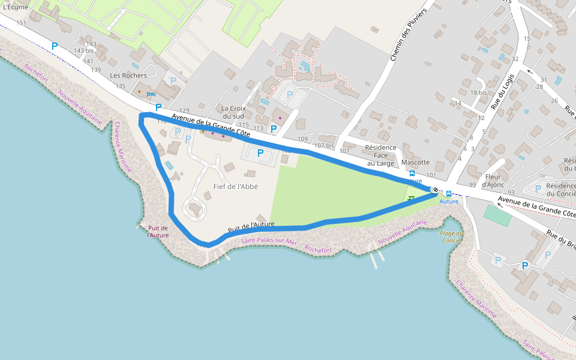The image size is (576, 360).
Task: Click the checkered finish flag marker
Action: (434, 190)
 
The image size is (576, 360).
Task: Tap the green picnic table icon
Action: (411, 198)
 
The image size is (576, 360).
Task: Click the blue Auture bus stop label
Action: (448, 202)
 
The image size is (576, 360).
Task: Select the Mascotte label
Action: (415, 163)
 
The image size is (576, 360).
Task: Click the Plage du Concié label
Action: (452, 236)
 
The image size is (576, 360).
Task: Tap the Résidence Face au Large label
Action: (380, 155)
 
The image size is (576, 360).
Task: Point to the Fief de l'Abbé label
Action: (235, 187)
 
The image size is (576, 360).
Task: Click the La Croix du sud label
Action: (232, 112)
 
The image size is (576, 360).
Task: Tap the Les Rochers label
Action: (128, 76)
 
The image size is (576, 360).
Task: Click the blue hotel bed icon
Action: (151, 94)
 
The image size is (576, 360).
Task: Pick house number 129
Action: (184, 110)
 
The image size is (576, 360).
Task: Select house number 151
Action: (22, 23)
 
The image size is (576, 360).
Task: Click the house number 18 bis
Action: (478, 92)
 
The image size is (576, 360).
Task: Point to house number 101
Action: (431, 175)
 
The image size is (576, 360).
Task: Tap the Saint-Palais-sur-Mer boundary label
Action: (269, 242)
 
